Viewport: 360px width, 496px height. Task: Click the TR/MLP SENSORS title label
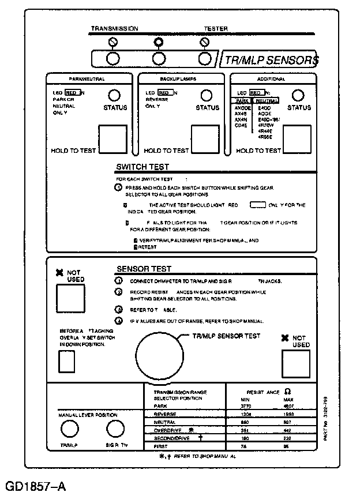272,59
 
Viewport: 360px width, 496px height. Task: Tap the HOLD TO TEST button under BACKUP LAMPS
206,137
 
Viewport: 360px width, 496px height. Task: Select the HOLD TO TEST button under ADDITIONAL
297,137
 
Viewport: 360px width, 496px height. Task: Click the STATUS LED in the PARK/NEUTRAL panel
115,95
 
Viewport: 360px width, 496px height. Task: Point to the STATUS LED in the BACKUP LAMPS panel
207,95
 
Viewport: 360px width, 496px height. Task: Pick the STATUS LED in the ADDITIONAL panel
298,95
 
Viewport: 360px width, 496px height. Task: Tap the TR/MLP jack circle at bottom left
70,429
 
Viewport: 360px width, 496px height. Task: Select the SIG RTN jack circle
115,429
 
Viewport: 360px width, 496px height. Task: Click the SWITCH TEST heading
142,167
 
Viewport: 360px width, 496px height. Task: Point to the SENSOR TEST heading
144,269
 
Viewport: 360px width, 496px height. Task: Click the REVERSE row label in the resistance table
165,414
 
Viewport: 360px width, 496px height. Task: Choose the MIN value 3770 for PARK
245,406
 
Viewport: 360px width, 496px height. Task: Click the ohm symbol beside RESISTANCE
288,391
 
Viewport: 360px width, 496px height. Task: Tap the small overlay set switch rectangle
67,362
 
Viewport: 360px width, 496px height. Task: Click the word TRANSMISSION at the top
115,28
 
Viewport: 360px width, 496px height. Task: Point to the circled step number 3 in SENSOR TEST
118,309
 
